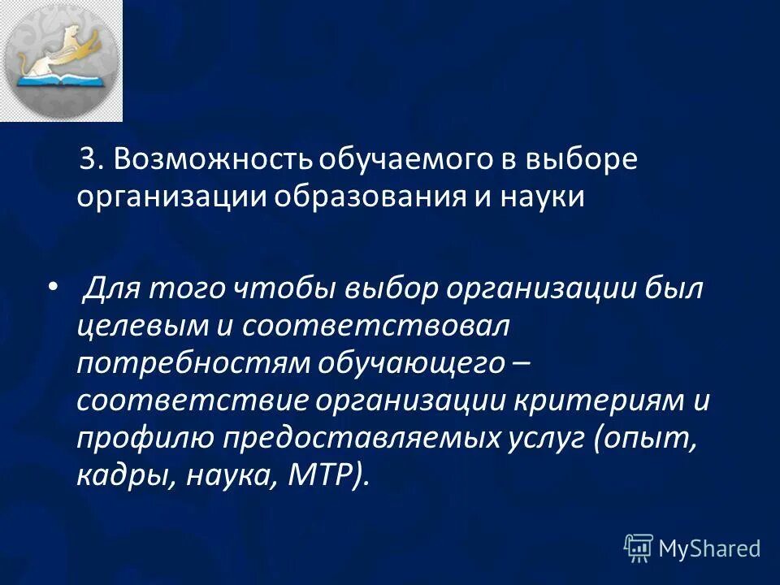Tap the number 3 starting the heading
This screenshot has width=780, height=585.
click(x=91, y=160)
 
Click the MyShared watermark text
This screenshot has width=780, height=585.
click(x=709, y=548)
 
